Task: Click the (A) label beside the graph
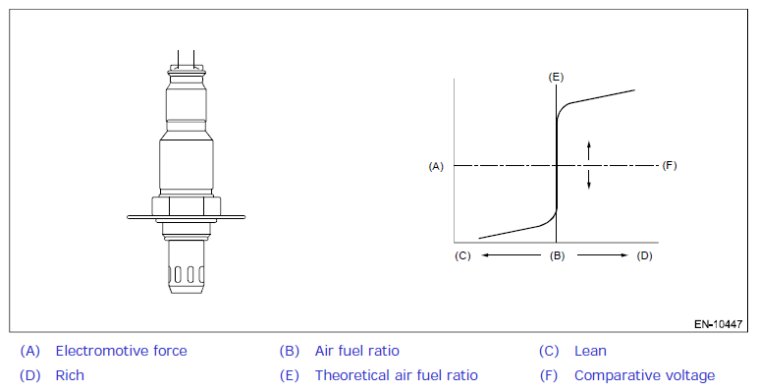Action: click(x=436, y=166)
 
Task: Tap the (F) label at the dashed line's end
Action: click(x=670, y=166)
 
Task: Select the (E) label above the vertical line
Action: click(x=556, y=78)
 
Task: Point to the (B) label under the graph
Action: click(x=557, y=255)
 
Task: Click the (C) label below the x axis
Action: click(x=462, y=255)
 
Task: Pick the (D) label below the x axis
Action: click(x=644, y=255)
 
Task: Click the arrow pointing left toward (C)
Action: click(x=512, y=255)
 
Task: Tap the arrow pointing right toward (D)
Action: click(x=603, y=255)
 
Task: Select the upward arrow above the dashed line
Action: click(x=588, y=150)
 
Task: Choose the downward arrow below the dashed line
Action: click(x=588, y=179)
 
